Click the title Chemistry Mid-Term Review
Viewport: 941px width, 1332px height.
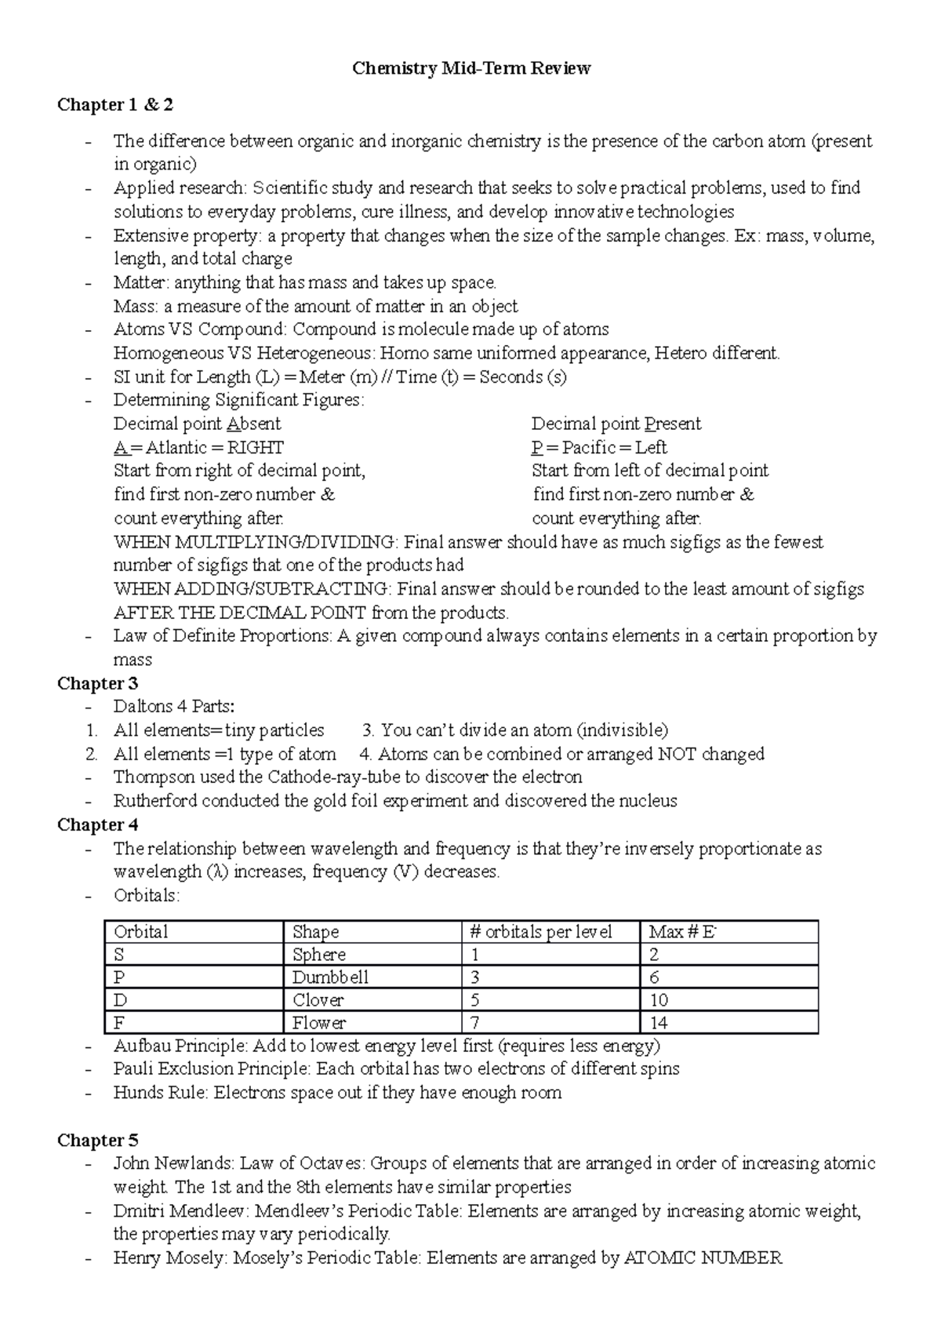(470, 69)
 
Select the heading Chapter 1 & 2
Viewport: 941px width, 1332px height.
(115, 105)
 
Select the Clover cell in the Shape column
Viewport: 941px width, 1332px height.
(318, 1000)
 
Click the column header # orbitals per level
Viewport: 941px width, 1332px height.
(540, 932)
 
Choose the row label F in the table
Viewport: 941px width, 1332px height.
(119, 1023)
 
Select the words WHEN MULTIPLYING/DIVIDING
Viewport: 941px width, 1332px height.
(255, 542)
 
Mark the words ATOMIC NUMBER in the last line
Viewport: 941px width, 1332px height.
(703, 1258)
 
